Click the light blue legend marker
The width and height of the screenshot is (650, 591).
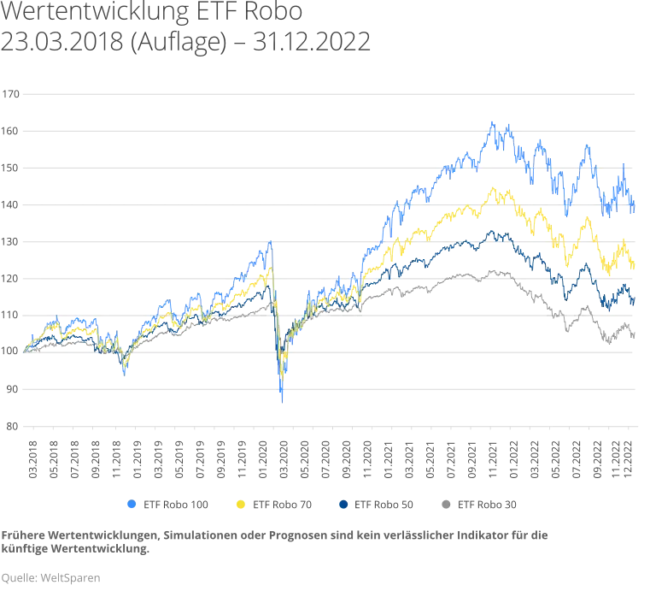coord(131,506)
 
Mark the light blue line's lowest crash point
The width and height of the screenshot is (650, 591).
coord(283,400)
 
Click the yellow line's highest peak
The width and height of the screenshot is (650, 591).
coord(491,186)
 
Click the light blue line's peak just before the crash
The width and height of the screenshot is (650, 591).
coord(271,243)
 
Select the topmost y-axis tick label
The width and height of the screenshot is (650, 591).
coord(12,94)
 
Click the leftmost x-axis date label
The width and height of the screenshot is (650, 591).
coord(32,458)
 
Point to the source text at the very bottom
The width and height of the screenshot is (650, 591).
coord(51,579)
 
